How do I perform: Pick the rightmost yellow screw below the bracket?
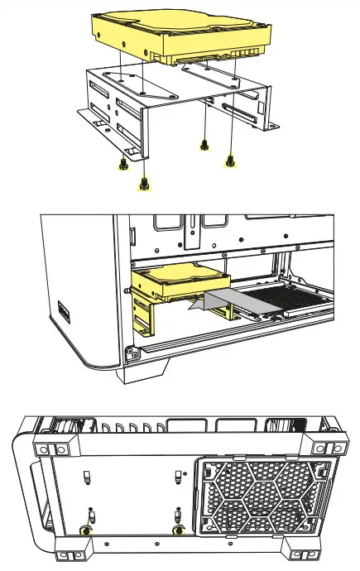(x=231, y=162)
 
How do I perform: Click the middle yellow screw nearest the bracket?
(x=204, y=146)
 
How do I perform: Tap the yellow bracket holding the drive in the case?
(x=142, y=319)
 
